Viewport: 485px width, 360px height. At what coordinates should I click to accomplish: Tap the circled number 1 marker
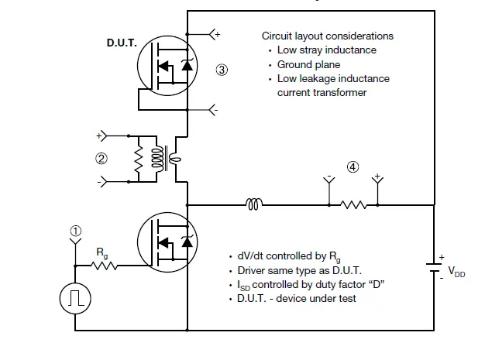coord(75,230)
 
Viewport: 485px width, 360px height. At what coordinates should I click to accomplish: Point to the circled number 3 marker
coord(222,70)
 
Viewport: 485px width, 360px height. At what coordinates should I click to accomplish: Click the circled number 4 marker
coord(353,166)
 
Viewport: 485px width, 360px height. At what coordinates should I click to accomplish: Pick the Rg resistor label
coord(101,252)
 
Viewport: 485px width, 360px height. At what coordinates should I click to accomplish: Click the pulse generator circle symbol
coord(75,298)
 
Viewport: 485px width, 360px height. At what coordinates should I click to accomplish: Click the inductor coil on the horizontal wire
coord(254,205)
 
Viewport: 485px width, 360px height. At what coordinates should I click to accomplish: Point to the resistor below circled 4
coord(353,205)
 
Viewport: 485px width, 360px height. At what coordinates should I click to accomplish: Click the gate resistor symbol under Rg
coord(102,266)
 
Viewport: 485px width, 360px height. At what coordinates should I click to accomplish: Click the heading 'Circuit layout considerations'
coord(327,36)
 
